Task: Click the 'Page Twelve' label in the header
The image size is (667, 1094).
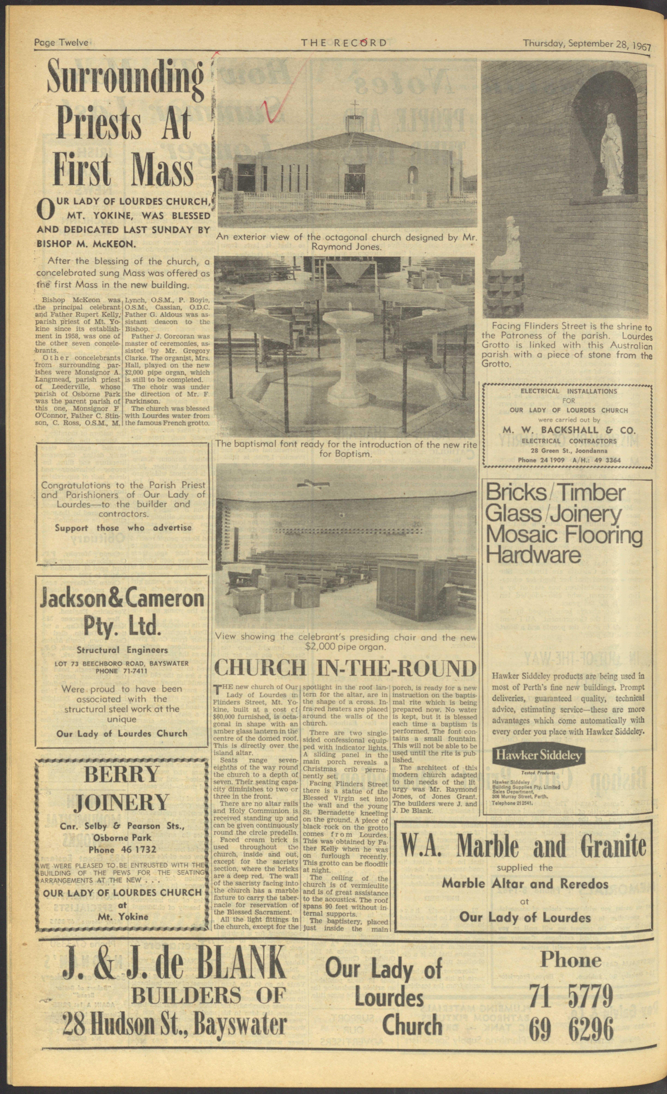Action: coord(62,43)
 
